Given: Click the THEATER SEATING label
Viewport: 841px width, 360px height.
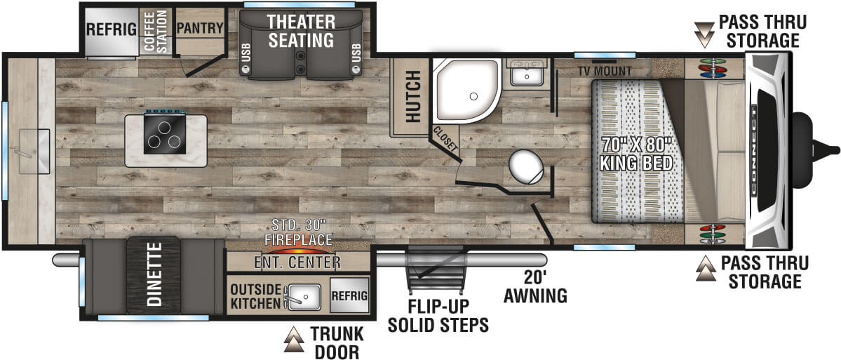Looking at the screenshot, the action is tap(301, 31).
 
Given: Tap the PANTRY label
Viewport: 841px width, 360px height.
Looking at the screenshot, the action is tap(199, 28).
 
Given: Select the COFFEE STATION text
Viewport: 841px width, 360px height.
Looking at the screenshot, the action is tap(156, 31).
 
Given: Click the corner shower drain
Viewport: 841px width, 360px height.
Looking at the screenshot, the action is tap(473, 96).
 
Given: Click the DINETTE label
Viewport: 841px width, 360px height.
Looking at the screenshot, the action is tap(154, 275).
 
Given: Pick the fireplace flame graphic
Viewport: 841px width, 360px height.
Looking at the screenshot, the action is tap(297, 250).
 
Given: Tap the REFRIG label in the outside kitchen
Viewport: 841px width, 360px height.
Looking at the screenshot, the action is tap(349, 295).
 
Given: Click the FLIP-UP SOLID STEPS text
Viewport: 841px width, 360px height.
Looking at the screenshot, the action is tap(438, 315).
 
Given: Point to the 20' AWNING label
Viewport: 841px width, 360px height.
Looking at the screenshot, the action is tap(534, 286).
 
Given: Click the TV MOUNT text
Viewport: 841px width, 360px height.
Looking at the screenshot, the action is tap(605, 71).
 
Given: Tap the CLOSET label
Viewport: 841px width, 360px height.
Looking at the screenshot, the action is tap(445, 140).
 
